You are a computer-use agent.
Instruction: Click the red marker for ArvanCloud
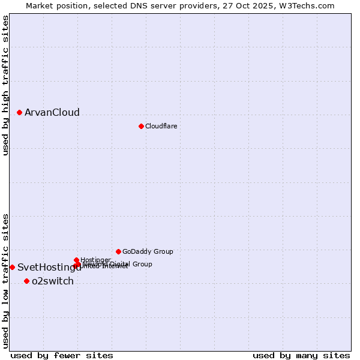(x=19, y=112)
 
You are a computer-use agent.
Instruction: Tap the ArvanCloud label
(x=52, y=113)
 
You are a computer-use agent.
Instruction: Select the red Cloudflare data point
(x=141, y=126)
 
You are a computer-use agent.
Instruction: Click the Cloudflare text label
(x=161, y=127)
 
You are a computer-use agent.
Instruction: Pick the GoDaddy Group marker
(x=118, y=251)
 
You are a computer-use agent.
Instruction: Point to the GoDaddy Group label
(x=148, y=252)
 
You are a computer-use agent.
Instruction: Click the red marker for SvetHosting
(x=12, y=267)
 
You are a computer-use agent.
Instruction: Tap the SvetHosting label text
(x=49, y=268)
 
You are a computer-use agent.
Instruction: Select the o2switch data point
(x=26, y=281)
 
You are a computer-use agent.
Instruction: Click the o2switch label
(x=53, y=281)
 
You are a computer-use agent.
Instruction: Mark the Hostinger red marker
(x=76, y=260)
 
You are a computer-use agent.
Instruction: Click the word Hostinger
(x=96, y=260)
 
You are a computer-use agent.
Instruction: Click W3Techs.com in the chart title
(x=310, y=5)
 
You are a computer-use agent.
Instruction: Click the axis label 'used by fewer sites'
(x=62, y=355)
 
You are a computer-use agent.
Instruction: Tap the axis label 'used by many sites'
(x=301, y=355)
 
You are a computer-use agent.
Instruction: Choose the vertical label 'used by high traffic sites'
(x=5, y=85)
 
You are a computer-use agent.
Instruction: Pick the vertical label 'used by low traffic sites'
(x=5, y=281)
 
